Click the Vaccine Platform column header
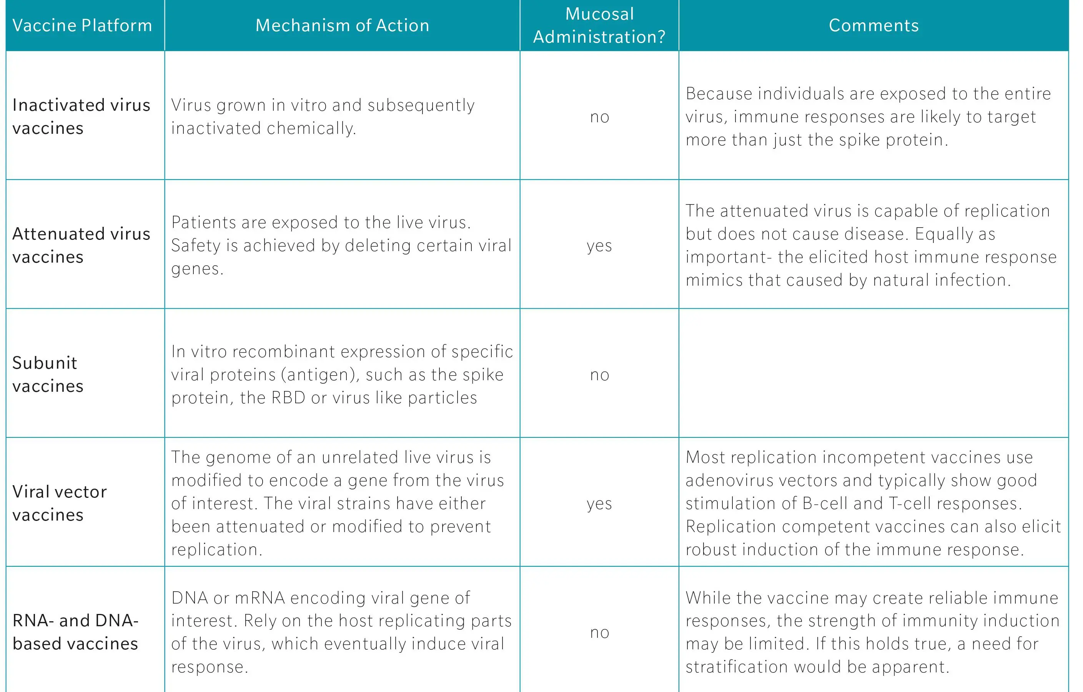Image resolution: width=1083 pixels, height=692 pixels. coord(82,25)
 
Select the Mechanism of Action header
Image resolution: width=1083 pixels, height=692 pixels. coord(342,25)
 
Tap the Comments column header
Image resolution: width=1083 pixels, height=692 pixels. coord(873,25)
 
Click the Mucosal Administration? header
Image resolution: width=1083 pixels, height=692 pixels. coord(599,25)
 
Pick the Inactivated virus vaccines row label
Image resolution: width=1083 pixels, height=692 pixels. coord(82,116)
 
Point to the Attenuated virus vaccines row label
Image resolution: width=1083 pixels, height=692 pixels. coord(82,245)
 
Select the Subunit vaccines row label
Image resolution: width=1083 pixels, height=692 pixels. coord(48,374)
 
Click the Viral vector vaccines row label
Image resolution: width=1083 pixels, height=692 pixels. coord(59,503)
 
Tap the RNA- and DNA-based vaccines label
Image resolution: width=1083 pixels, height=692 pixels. coord(75,632)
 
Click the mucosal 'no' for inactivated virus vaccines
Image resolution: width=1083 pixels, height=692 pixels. coord(599,117)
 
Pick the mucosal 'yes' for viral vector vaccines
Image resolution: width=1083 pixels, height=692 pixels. coord(599,504)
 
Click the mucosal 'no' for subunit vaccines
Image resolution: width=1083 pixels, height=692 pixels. coord(599,374)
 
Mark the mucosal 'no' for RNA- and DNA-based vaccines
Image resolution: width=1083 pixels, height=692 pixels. coord(599,632)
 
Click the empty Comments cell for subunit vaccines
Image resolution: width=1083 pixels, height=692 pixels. coord(873,373)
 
